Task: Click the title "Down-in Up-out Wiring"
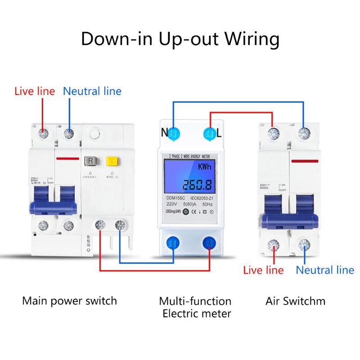pos(180,39)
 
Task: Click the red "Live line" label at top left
pos(35,91)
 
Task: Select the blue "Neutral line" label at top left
pos(92,91)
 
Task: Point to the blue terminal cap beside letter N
pos(174,133)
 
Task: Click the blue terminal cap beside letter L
pos(209,133)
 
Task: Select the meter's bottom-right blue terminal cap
pos(209,243)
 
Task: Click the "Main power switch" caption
pos(69,301)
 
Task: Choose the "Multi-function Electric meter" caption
pos(195,307)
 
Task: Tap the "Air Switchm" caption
pos(295,301)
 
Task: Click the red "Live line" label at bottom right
pos(263,270)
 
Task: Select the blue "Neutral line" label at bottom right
pos(324,270)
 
